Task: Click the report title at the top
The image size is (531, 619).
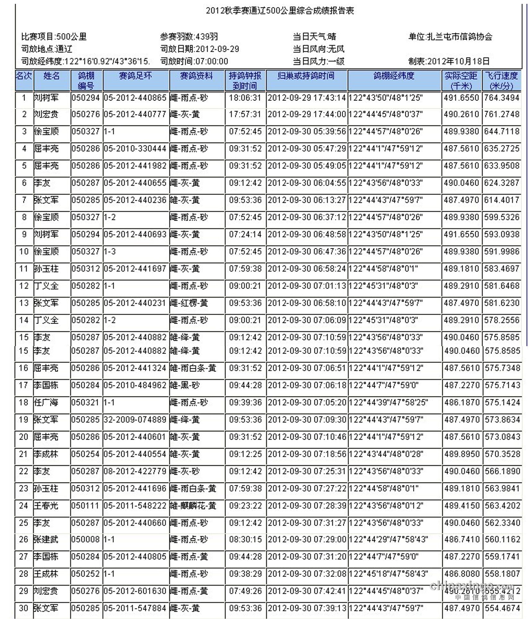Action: coord(280,11)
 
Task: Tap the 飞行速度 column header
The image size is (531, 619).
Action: coord(501,81)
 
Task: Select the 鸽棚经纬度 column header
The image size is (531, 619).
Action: coord(394,76)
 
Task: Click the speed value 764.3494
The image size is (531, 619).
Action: coord(501,98)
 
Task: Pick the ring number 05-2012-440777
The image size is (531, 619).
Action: coord(135,114)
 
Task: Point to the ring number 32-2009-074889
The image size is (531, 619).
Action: coord(135,420)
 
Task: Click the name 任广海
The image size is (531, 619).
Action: coord(46,402)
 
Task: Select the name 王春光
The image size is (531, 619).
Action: coord(46,506)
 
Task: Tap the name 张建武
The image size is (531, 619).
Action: coord(46,540)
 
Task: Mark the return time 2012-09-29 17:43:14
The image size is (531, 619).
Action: coord(307,98)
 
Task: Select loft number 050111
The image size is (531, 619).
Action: coord(86,506)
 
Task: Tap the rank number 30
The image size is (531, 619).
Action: coord(24,608)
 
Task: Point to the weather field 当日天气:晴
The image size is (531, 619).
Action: coord(314,37)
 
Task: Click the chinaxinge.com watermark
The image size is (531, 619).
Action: coord(472,586)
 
